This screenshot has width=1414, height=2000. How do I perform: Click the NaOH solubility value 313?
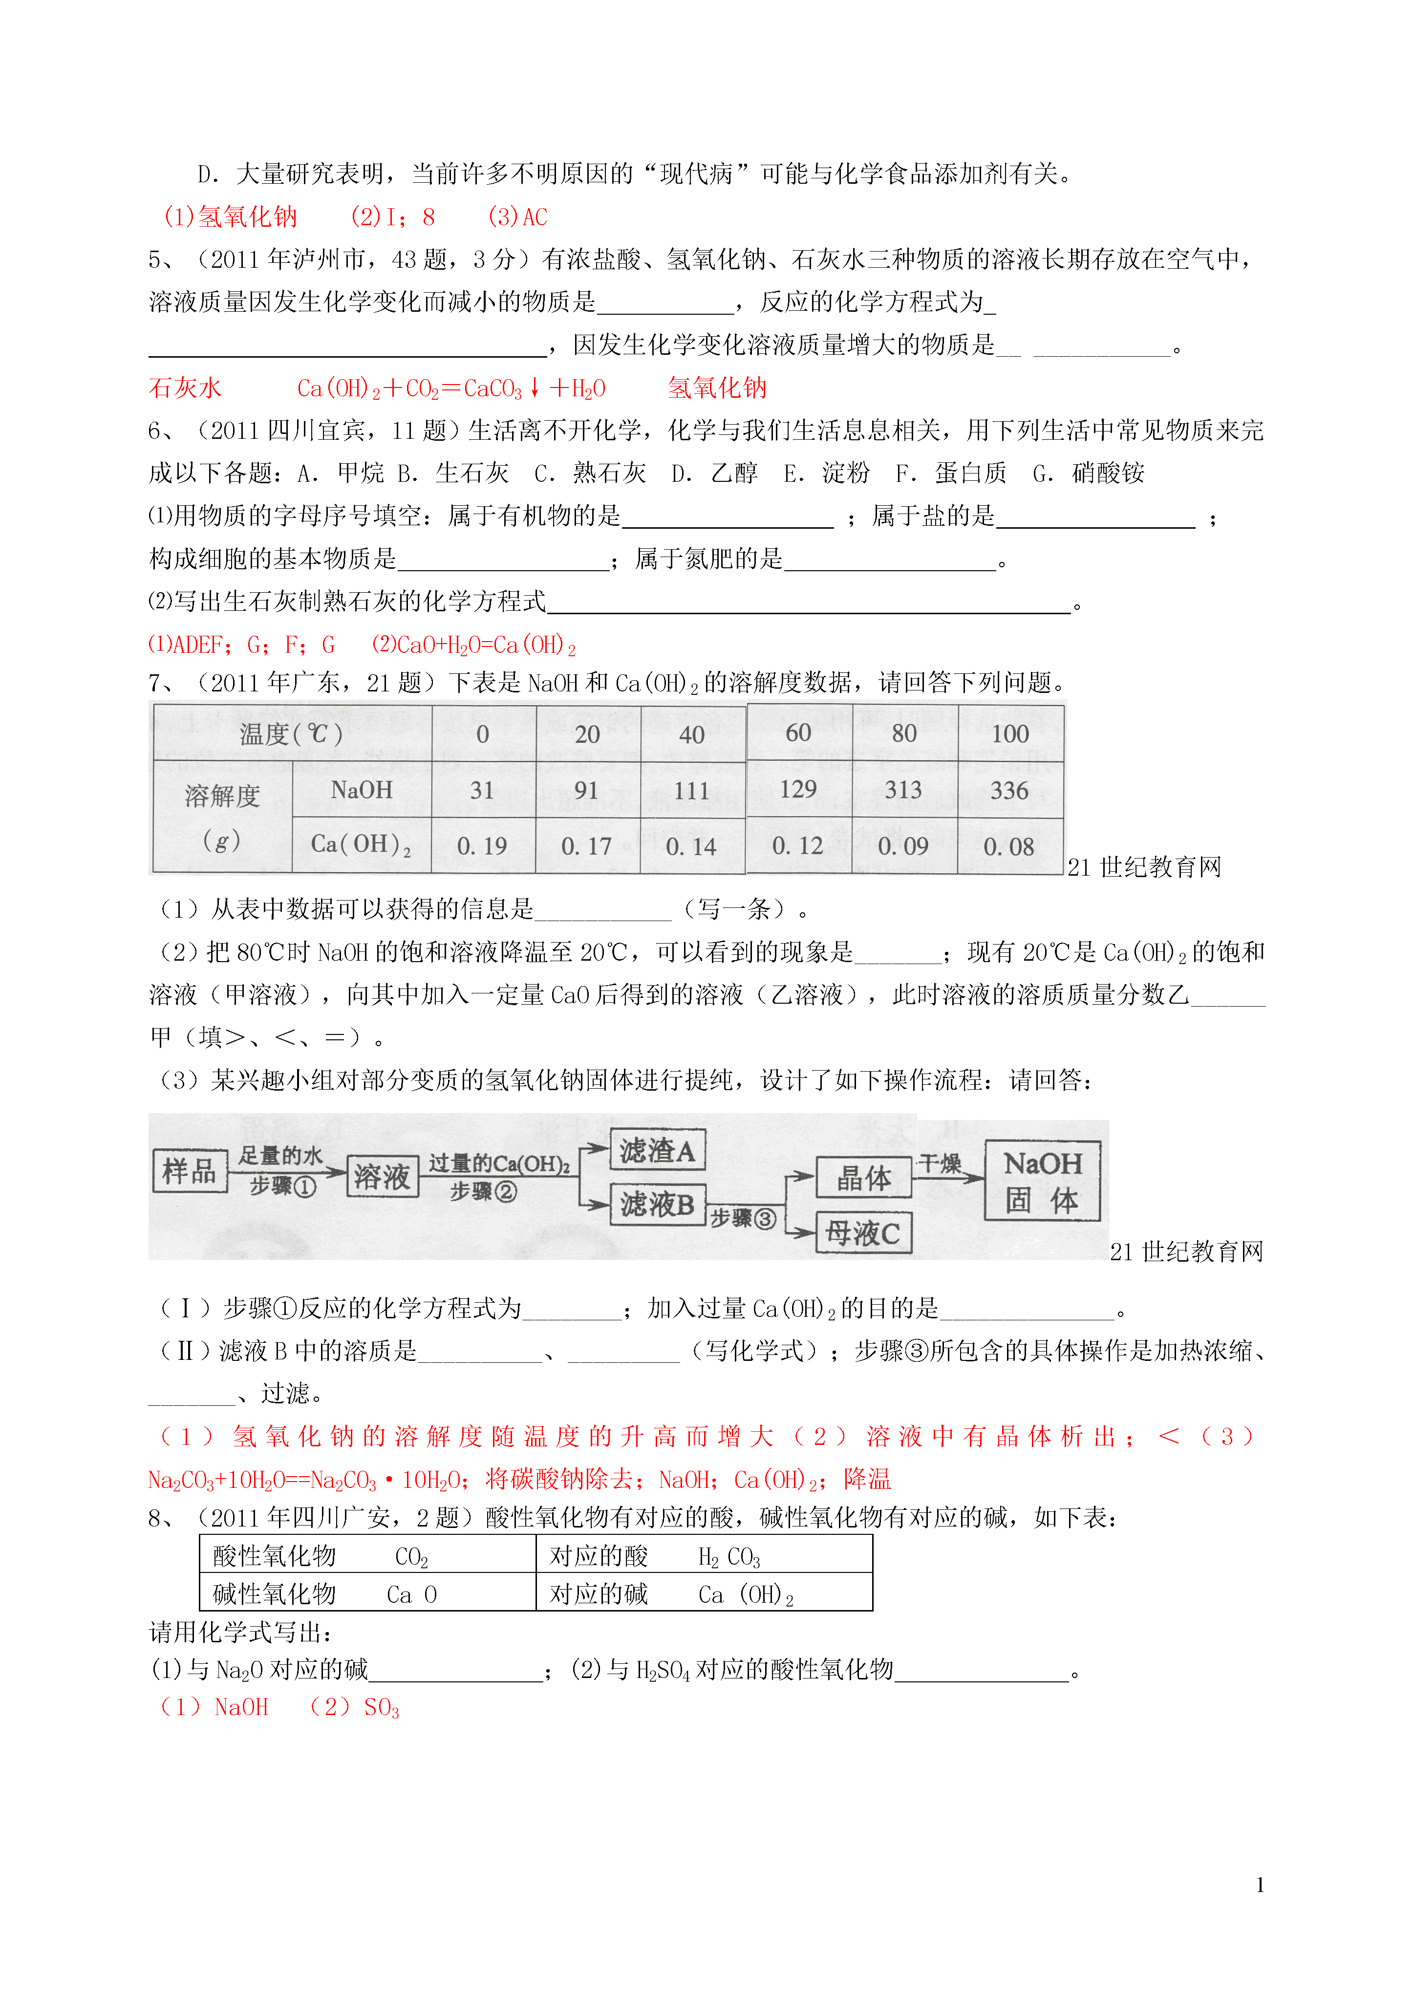pyautogui.click(x=903, y=790)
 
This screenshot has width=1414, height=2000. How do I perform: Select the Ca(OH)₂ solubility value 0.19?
pyautogui.click(x=482, y=846)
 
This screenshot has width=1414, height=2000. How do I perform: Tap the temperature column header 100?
pyautogui.click(x=1010, y=733)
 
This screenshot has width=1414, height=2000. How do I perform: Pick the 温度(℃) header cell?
pyautogui.click(x=292, y=733)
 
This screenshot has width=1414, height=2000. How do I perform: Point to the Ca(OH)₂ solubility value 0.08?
pyautogui.click(x=1009, y=846)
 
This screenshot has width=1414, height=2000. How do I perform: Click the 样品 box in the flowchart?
pyautogui.click(x=189, y=1170)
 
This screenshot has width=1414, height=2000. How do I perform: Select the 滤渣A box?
pyautogui.click(x=657, y=1151)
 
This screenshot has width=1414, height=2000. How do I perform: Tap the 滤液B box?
pyautogui.click(x=657, y=1204)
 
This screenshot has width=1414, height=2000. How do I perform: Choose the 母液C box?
pyautogui.click(x=862, y=1232)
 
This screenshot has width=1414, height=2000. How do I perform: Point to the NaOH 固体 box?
pyautogui.click(x=1042, y=1181)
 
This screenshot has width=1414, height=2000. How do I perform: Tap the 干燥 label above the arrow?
pyautogui.click(x=940, y=1163)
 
